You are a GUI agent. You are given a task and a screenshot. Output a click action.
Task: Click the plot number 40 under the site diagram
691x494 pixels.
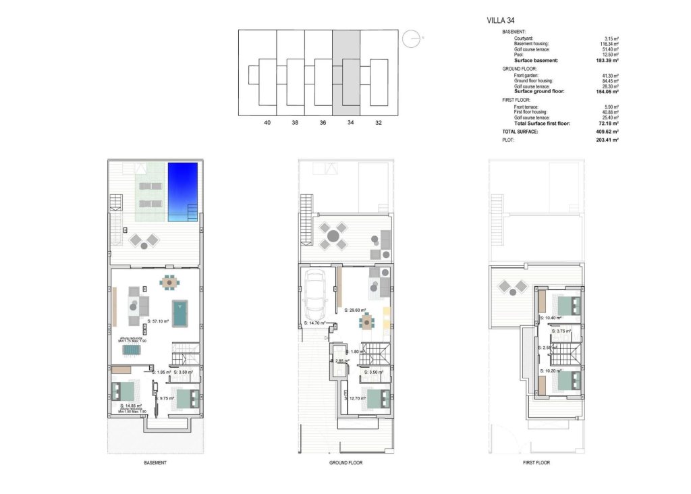[267, 123]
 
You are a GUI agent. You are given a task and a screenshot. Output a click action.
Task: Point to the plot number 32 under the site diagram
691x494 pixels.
[378, 123]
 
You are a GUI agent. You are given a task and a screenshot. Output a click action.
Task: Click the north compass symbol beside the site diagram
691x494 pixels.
[411, 40]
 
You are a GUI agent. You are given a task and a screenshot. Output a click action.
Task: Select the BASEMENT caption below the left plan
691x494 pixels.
[155, 463]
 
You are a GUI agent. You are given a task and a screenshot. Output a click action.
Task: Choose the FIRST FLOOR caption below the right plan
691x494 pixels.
[536, 463]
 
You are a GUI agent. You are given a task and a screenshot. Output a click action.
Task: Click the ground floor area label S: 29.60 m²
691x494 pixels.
[355, 311]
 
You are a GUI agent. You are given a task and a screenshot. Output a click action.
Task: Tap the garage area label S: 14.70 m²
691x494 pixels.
[315, 324]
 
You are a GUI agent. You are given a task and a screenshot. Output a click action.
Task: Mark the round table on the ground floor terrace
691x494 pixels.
[333, 236]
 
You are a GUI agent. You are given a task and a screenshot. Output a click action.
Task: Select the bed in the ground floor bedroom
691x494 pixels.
[378, 399]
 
